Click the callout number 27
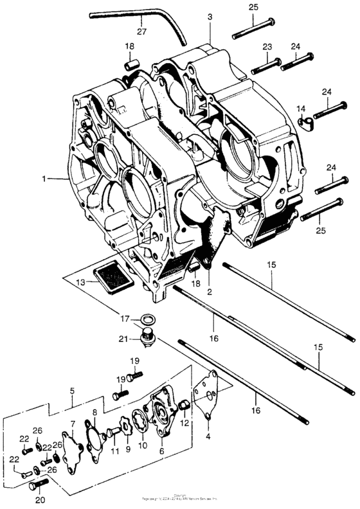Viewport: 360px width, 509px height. [x=141, y=30]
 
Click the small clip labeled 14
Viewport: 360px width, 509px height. [x=304, y=118]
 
